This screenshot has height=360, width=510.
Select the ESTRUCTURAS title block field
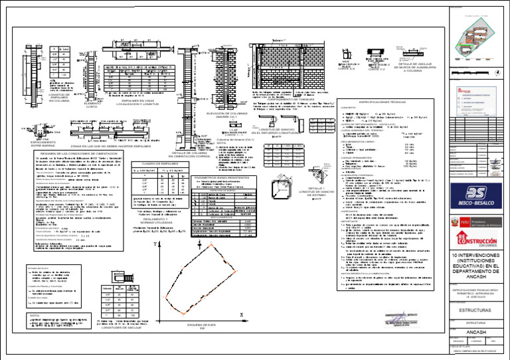477,309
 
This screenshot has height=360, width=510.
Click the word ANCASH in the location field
477,332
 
